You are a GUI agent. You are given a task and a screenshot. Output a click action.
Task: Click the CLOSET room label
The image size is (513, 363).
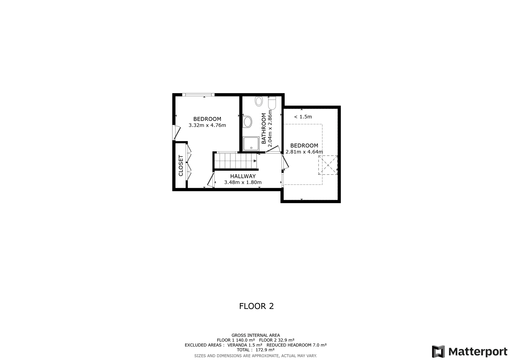coord(181,165)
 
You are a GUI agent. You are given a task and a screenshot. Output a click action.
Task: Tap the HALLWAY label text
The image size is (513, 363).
coord(243,176)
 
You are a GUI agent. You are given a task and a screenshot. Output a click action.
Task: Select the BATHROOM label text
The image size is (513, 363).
coord(264,128)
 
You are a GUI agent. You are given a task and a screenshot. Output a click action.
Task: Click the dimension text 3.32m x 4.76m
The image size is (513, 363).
coord(207,125)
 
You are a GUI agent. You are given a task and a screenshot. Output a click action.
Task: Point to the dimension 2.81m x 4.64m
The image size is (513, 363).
coord(304,152)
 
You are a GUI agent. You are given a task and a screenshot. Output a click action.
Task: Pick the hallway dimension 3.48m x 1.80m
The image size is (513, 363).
coord(243,182)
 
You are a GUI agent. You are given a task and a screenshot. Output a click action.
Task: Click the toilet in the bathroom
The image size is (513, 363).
coord(272,103)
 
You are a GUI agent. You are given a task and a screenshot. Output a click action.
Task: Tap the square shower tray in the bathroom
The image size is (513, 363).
coord(251,144)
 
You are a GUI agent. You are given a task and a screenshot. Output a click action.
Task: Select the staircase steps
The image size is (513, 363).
coord(236,161)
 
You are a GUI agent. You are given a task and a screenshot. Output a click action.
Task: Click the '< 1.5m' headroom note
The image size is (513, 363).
coord(303,117)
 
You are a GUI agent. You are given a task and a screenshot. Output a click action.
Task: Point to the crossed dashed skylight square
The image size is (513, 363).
coord(328,165)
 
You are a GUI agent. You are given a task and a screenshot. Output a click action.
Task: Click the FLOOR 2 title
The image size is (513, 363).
coord(256,306)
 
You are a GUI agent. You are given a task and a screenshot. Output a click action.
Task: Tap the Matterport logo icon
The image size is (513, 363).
coord(438,351)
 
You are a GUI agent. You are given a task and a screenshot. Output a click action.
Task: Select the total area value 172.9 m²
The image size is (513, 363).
coord(265,350)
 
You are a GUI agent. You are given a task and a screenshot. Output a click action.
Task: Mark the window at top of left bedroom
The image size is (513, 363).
coord(198,95)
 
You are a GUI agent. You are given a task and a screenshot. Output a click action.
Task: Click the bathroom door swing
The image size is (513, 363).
coord(273,149)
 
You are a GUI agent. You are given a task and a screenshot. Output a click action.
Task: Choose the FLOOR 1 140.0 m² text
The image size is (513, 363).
coord(236,340)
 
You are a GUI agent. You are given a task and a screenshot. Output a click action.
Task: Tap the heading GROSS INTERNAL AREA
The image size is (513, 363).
coord(256,335)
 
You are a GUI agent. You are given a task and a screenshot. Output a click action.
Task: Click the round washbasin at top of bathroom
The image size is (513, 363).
coord(259,101)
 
